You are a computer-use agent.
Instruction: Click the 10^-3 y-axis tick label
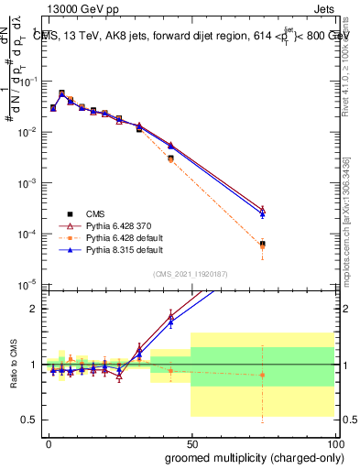click(27, 183)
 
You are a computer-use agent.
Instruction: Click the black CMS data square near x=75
click(262, 244)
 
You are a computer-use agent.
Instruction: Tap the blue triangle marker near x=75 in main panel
click(262, 214)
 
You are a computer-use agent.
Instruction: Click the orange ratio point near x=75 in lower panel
click(262, 375)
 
